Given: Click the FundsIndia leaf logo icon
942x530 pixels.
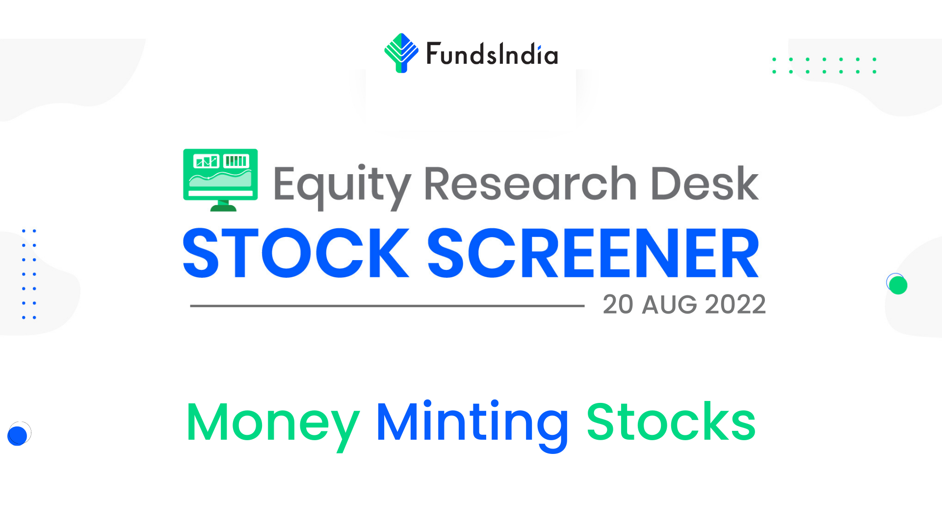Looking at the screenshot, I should (401, 53).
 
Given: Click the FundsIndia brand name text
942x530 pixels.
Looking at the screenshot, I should (492, 54).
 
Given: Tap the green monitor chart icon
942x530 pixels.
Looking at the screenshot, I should (220, 180).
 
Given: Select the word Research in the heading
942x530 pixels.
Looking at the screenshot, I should (530, 184).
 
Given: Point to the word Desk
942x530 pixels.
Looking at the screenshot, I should (705, 184).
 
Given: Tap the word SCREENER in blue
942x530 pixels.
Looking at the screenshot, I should (593, 253).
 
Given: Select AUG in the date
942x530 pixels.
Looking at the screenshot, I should (669, 305).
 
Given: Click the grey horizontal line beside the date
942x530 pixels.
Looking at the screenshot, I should (387, 306).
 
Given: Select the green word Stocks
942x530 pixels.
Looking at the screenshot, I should (671, 422).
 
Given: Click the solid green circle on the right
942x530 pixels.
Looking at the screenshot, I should (898, 285).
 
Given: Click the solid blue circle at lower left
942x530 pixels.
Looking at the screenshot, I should (17, 435).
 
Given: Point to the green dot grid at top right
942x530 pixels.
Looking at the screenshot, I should (824, 65).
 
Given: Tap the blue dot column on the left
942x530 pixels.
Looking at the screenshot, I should (29, 274).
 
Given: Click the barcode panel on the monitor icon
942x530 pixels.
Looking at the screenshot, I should (236, 161).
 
